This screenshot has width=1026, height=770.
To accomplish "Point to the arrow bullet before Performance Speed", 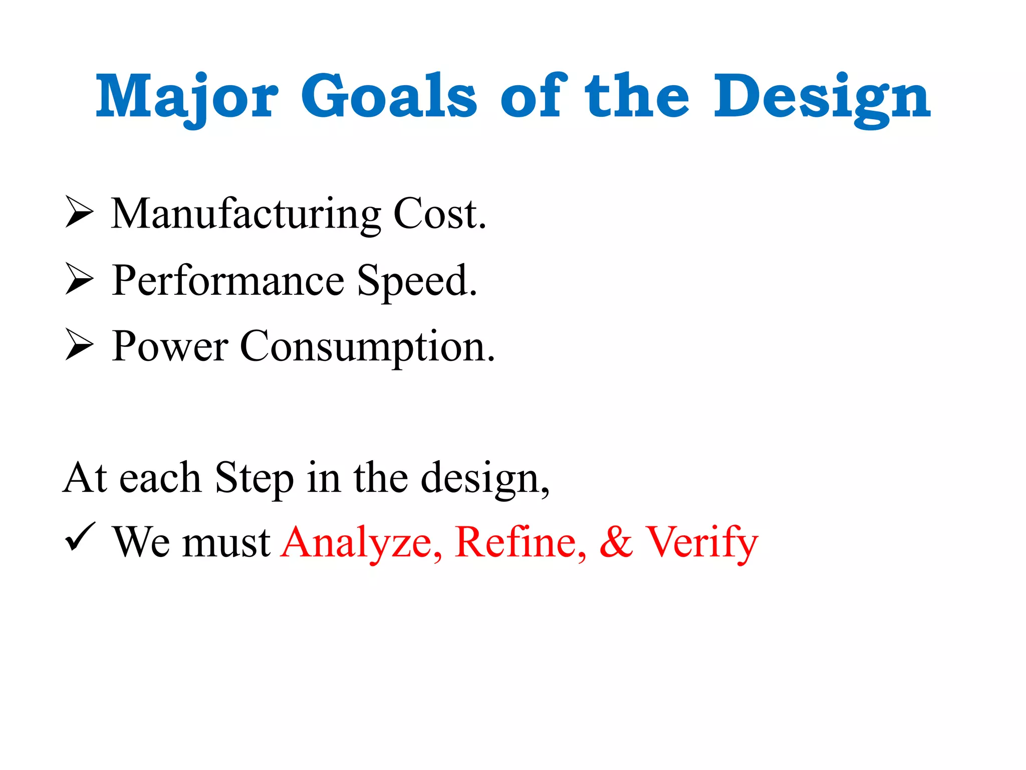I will [79, 280].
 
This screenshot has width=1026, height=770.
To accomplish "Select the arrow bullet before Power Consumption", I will [79, 346].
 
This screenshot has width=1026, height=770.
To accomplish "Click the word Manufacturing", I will [245, 215].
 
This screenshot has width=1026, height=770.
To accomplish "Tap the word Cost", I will [439, 215].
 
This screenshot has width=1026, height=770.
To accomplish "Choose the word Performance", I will [228, 281].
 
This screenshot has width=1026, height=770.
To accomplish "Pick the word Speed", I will [417, 282].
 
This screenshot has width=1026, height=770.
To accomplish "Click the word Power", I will [170, 347].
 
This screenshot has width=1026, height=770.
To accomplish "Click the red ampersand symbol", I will [616, 542].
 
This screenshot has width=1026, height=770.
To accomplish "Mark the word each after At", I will [160, 478].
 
